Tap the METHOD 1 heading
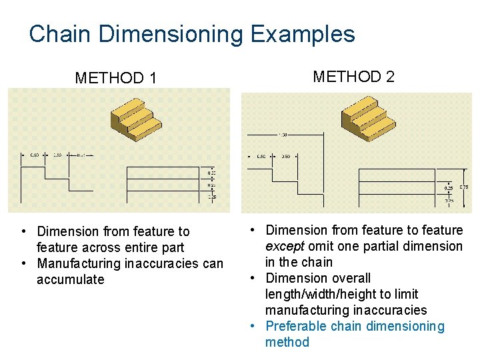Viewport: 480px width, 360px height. click(116, 78)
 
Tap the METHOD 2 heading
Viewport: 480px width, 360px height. click(353, 76)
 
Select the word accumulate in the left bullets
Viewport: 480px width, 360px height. click(71, 279)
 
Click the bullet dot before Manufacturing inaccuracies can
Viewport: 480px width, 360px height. click(23, 263)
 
